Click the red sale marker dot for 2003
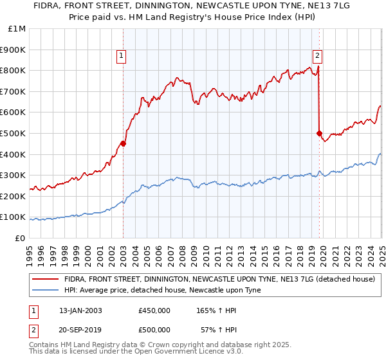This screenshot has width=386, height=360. (123, 144)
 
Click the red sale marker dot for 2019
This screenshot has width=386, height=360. (319, 133)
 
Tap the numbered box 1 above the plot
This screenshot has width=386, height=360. (120, 57)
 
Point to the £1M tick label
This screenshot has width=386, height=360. (17, 29)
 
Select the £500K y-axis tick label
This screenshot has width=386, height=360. (14, 133)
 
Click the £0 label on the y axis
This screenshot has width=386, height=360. (19, 238)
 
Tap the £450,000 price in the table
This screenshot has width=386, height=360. (154, 310)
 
